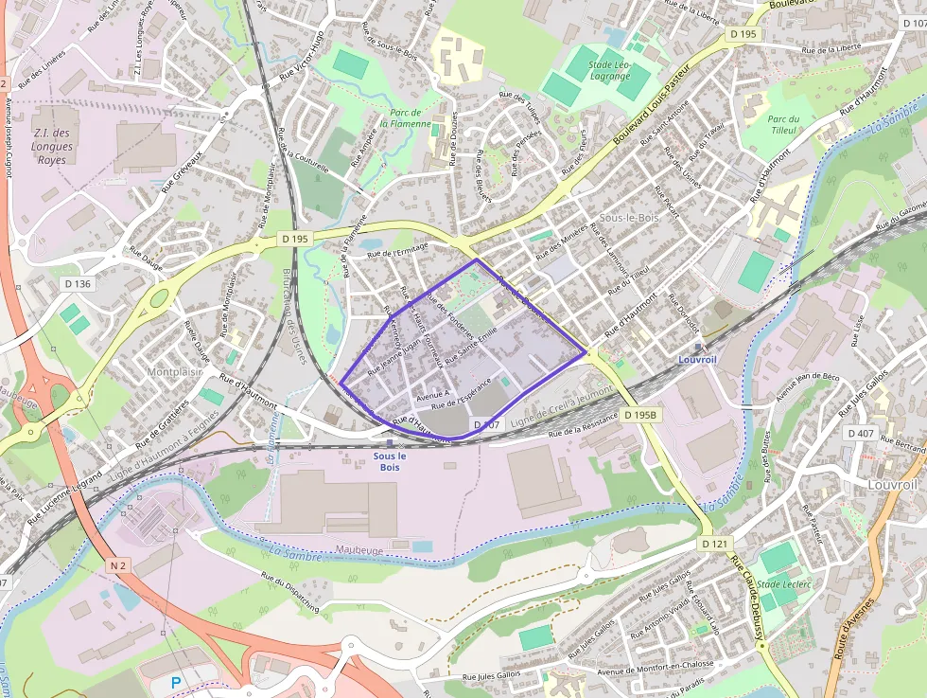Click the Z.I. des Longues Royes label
click(x=52, y=147)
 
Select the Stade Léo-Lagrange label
click(x=610, y=71)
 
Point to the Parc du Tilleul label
click(x=783, y=124)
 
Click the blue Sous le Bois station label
click(x=390, y=461)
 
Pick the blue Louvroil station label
click(x=698, y=360)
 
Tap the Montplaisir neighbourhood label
click(x=176, y=372)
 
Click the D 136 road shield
click(x=79, y=283)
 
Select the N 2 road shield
click(x=117, y=565)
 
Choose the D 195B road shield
click(x=640, y=415)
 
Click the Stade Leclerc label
click(x=784, y=584)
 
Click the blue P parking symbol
click(x=175, y=681)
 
